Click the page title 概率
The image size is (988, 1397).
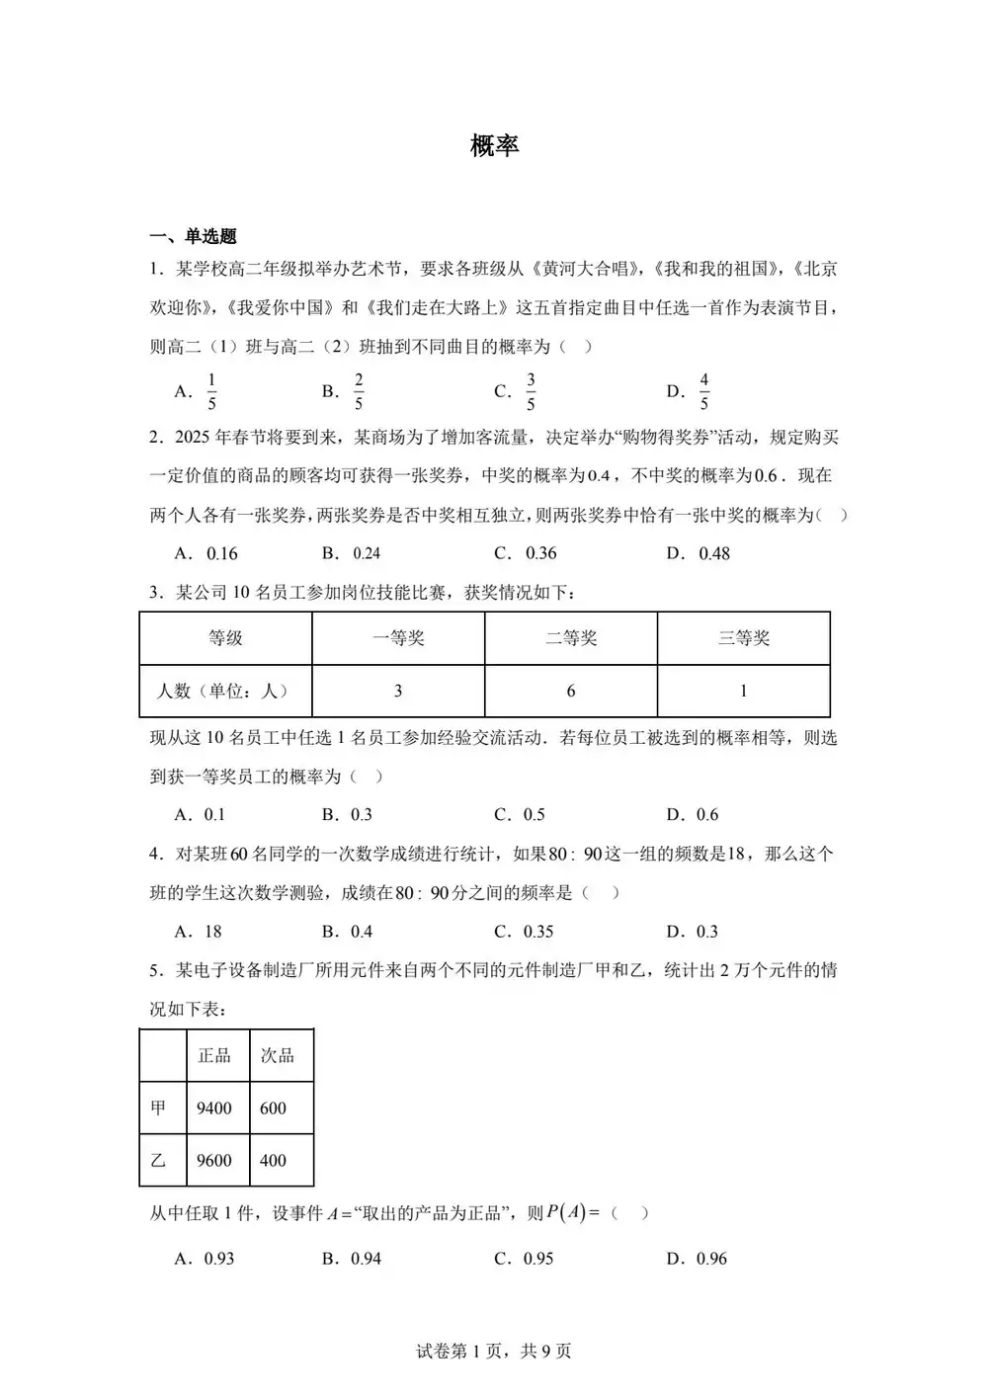494,146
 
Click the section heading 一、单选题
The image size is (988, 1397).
194,236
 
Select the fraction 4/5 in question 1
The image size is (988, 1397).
703,391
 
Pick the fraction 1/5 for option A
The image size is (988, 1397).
211,391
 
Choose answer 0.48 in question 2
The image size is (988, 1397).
713,553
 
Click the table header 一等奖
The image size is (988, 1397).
398,638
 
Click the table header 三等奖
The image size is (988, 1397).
743,638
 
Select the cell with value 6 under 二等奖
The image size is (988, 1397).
570,691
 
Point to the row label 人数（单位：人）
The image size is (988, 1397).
225,691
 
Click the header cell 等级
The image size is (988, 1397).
225,638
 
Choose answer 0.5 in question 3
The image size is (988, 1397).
534,815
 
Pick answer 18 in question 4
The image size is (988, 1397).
212,932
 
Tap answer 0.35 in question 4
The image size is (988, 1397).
538,932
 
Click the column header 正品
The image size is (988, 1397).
214,1055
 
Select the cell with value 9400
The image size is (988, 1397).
214,1109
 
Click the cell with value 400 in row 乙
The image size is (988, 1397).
273,1161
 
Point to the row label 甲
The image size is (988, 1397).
158,1109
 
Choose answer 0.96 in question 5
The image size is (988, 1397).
710,1259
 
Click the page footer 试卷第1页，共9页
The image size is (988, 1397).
494,1351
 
